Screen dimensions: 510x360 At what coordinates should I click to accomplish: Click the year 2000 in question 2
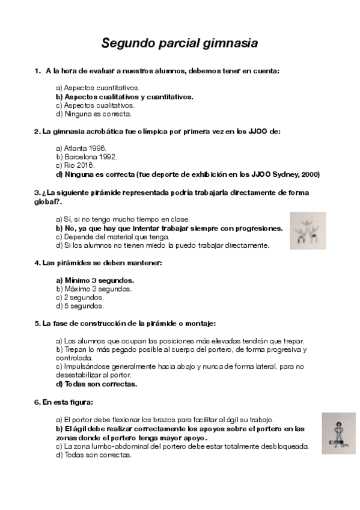(x=310, y=174)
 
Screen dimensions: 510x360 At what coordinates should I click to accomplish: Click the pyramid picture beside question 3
(x=308, y=230)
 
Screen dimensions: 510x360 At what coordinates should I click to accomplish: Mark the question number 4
(x=37, y=263)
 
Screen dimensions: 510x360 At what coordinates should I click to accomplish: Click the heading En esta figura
(x=68, y=402)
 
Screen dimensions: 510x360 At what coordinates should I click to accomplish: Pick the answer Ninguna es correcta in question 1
(x=93, y=114)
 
